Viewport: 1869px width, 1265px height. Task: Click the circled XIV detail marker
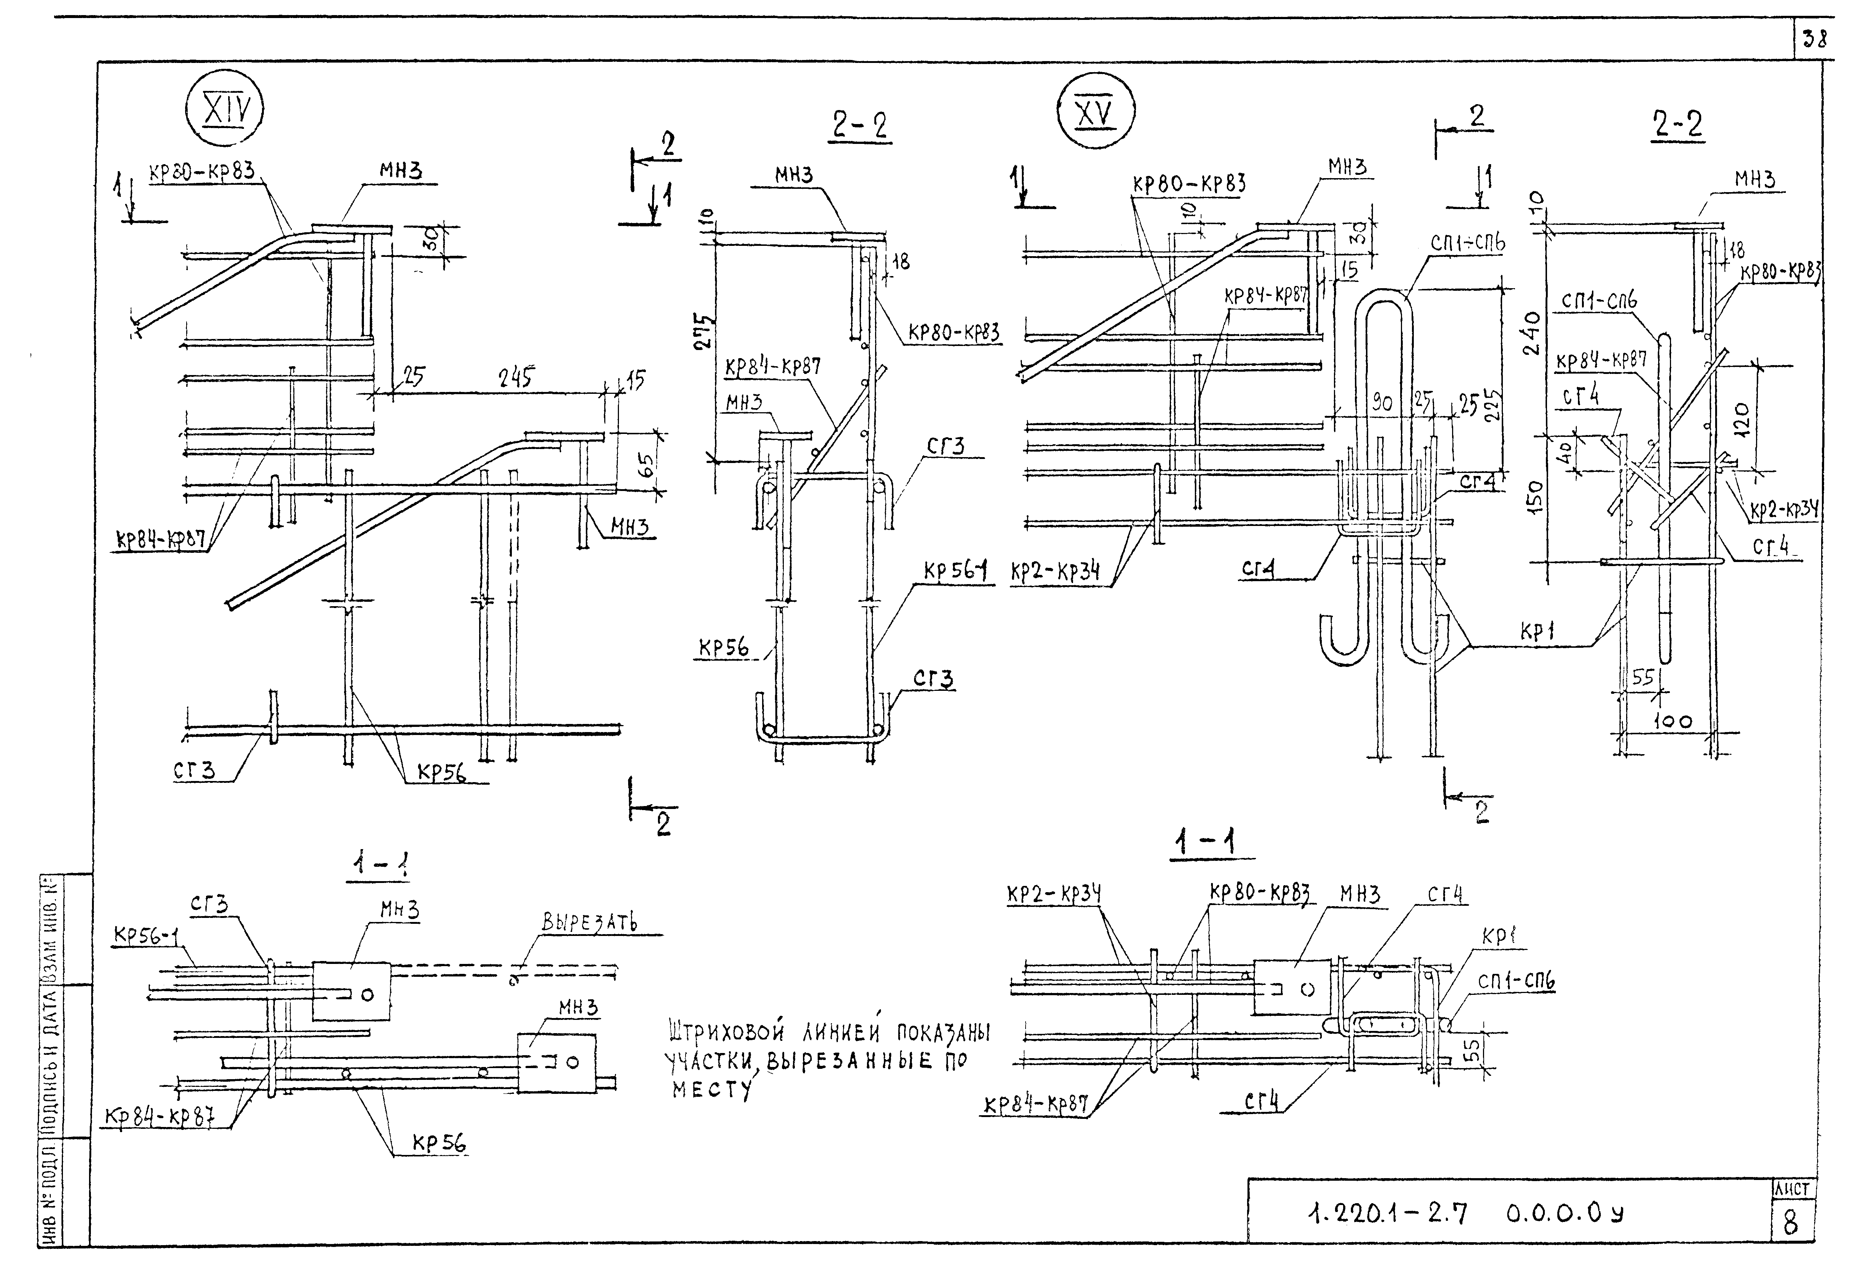point(224,112)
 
